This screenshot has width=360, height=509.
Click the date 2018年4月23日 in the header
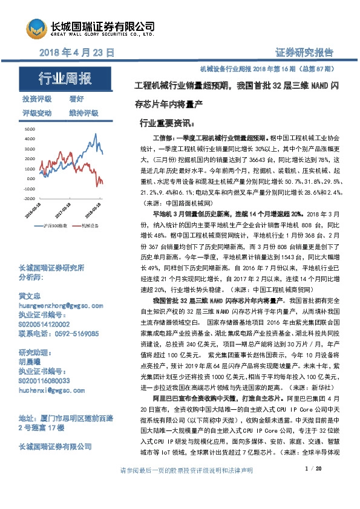click(76, 53)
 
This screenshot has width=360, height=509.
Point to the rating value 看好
click(76, 99)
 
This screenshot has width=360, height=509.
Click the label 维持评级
click(84, 113)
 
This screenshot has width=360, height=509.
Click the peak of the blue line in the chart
click(95, 133)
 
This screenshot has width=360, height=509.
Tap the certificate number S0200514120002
click(48, 325)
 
